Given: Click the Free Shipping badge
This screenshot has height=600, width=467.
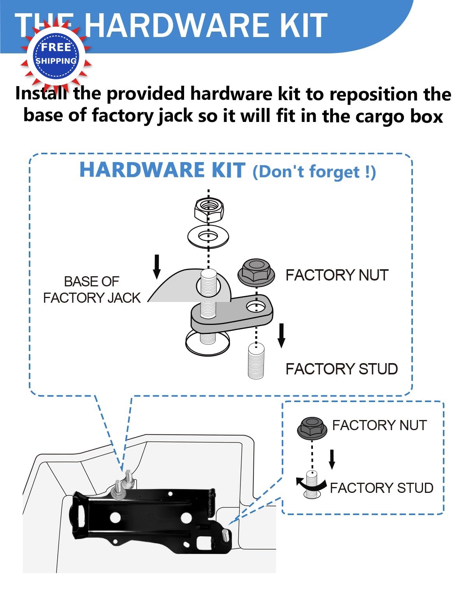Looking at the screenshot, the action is click(x=56, y=55).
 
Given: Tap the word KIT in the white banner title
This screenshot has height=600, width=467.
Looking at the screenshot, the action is click(x=305, y=25).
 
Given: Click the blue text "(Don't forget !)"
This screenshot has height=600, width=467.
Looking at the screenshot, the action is click(x=314, y=172).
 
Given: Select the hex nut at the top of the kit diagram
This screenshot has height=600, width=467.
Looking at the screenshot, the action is click(x=209, y=211).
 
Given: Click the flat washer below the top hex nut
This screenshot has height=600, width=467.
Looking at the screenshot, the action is click(x=208, y=236).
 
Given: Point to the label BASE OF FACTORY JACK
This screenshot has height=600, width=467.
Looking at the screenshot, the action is click(x=92, y=289).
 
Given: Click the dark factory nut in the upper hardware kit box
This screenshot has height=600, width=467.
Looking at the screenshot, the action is click(x=256, y=272).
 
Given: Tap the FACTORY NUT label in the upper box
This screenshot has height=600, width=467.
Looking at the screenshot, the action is click(x=337, y=275).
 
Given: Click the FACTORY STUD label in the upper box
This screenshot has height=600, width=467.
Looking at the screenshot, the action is click(x=342, y=369).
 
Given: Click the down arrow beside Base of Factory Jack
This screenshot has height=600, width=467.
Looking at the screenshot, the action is click(x=157, y=267).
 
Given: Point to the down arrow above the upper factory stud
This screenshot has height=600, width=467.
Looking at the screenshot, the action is click(x=281, y=335).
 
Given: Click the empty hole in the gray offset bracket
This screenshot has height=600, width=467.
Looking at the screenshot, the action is click(x=256, y=307).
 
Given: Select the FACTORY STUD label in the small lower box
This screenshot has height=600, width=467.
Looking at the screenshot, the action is click(x=381, y=488).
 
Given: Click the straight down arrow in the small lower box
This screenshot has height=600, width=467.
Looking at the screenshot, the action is click(x=332, y=459).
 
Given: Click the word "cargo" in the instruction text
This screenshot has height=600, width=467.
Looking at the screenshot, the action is click(x=381, y=116).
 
